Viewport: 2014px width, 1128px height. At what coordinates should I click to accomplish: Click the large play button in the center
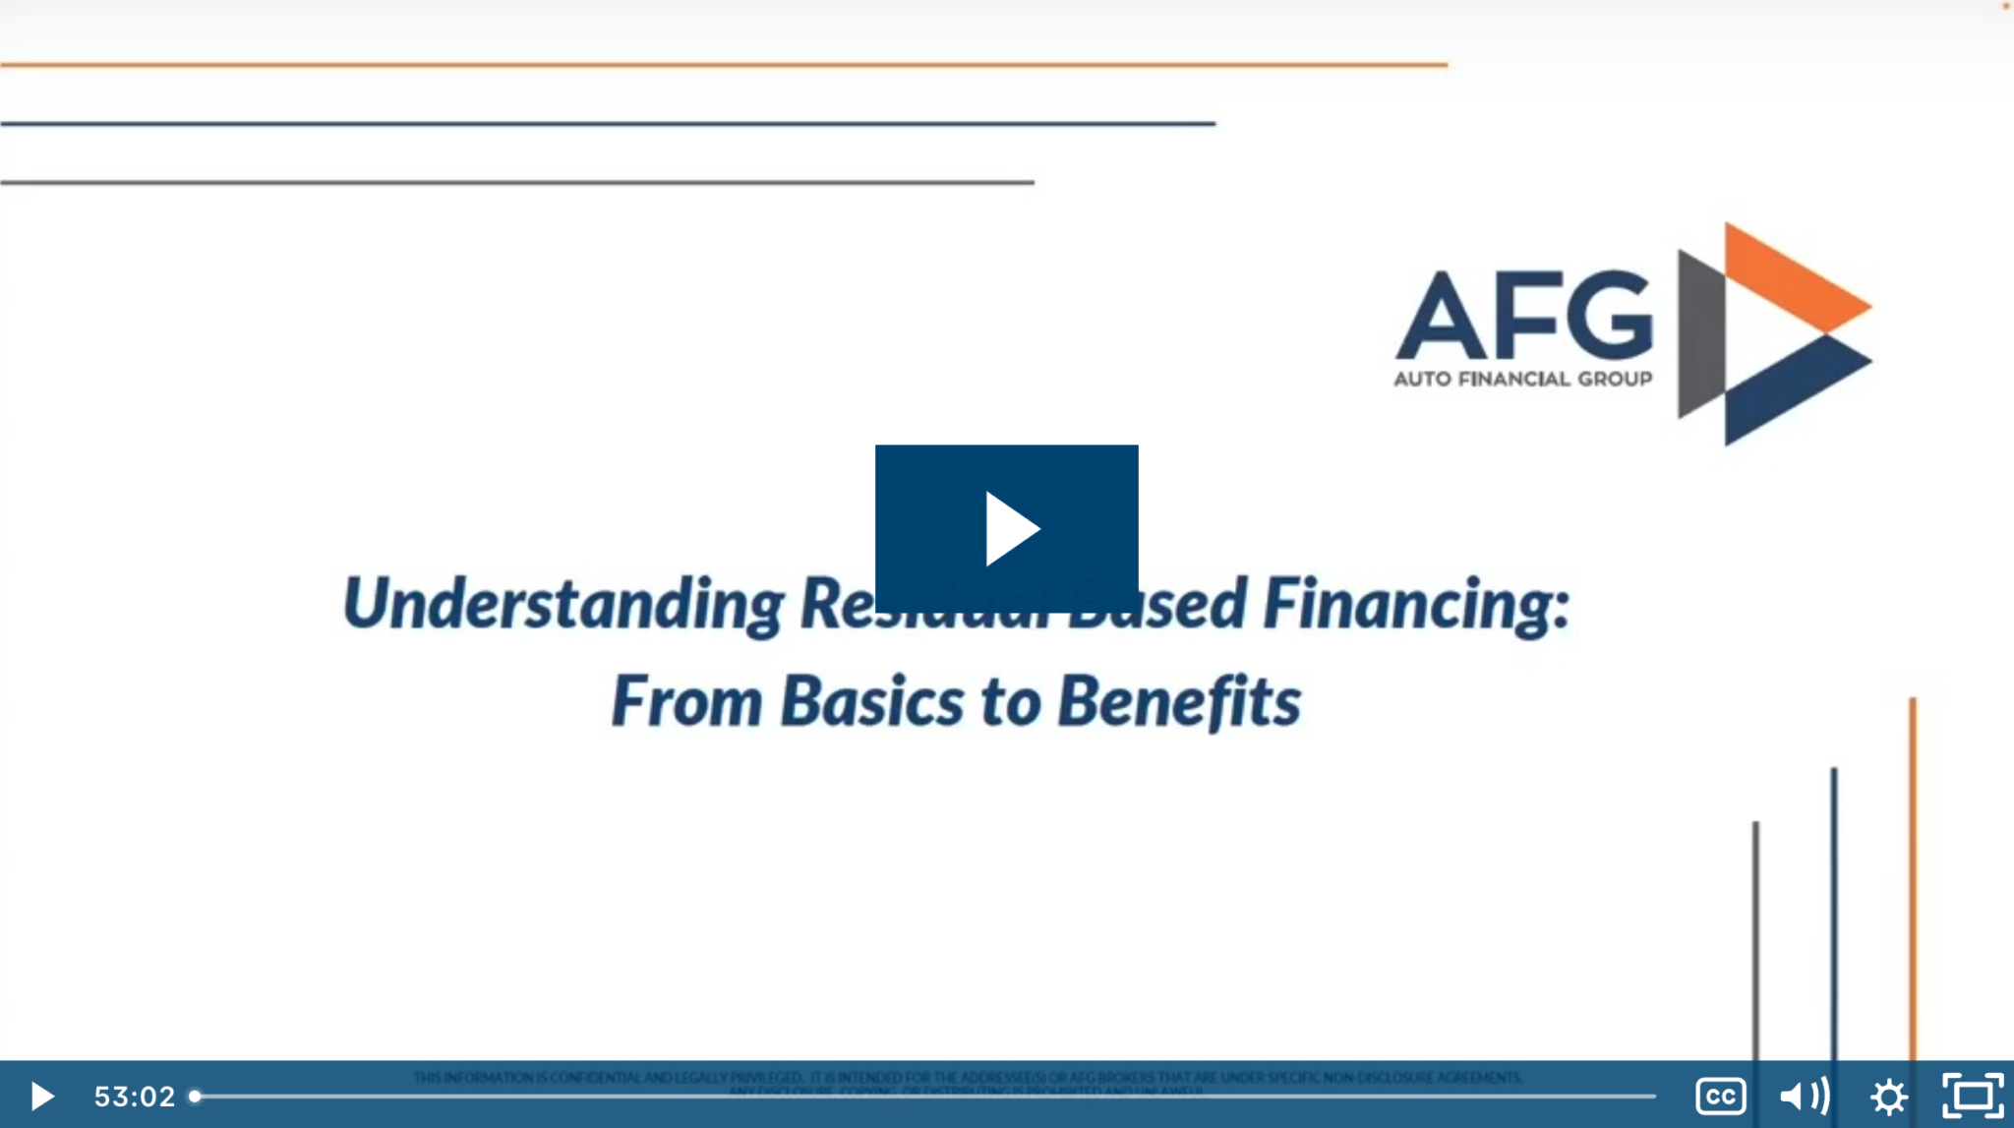coord(1006,528)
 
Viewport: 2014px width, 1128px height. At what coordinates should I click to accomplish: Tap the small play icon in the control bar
coord(41,1096)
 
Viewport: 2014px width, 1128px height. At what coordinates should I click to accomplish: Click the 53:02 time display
coord(134,1096)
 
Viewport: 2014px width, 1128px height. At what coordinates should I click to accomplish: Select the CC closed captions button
coord(1720,1096)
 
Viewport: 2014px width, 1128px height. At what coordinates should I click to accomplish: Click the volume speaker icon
coord(1804,1096)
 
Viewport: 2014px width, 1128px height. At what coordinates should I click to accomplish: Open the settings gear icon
coord(1888,1096)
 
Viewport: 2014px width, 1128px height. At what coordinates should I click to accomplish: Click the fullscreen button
coord(1972,1096)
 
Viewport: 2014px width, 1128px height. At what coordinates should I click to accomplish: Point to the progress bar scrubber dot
coord(195,1096)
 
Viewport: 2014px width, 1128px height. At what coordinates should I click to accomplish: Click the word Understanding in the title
coord(563,604)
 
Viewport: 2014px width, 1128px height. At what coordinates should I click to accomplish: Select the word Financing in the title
coord(1416,604)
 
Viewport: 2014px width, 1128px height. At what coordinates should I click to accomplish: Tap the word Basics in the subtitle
coord(872,702)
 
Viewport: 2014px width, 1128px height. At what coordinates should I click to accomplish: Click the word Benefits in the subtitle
coord(1179,702)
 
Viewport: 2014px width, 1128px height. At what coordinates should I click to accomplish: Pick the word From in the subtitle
coord(686,702)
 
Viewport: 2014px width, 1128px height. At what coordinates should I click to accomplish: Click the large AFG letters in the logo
coord(1524,317)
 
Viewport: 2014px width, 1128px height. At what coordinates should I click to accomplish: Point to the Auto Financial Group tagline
coord(1522,379)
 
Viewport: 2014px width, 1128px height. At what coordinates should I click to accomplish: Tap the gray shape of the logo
coord(1700,334)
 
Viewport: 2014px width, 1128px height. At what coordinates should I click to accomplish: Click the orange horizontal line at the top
coord(723,65)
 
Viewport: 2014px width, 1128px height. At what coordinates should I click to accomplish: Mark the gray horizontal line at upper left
coord(516,182)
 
